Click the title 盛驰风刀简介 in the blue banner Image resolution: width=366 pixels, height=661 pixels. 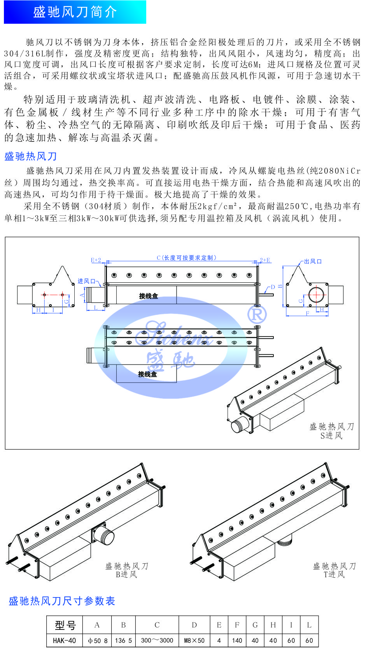(75, 12)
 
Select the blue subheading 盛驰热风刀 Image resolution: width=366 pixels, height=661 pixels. (31, 156)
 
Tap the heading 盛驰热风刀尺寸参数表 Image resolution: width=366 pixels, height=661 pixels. (62, 601)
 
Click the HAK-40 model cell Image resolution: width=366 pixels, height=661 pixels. (65, 640)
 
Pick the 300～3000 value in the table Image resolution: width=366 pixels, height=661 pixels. (157, 640)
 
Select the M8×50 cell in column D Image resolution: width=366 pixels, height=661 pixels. (194, 640)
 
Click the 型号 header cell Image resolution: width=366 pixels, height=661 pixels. (65, 625)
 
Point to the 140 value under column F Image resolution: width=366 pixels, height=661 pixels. (237, 640)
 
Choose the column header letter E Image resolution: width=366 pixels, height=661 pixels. (219, 625)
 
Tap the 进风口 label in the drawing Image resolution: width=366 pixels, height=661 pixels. (86, 281)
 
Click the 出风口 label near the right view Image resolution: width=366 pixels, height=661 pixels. (313, 261)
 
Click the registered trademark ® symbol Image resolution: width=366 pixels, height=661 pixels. (257, 314)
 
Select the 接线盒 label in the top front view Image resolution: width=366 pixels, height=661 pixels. (149, 296)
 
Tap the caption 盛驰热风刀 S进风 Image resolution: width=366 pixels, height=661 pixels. (332, 431)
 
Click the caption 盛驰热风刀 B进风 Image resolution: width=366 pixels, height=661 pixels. (127, 570)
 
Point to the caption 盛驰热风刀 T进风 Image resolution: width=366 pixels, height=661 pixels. (334, 570)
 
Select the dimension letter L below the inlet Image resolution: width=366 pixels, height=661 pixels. (96, 308)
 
